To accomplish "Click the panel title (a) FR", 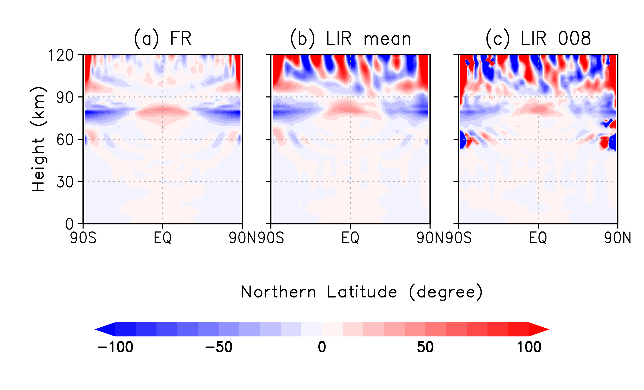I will (x=163, y=39).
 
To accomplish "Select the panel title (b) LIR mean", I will (x=350, y=39).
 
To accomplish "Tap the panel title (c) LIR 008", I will (x=538, y=39).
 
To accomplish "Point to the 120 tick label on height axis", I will (x=61, y=55).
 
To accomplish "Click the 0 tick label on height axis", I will (x=69, y=224).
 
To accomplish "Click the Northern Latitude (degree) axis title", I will (x=361, y=292).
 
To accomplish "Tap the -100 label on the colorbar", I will (x=115, y=347).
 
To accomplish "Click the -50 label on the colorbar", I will (x=219, y=347).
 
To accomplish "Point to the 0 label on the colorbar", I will (x=322, y=347).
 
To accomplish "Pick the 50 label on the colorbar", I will (x=425, y=347).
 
